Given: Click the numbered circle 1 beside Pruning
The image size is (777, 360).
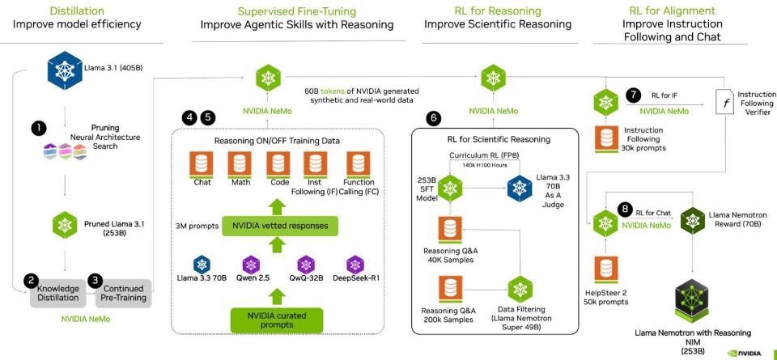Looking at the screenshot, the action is tap(39, 129).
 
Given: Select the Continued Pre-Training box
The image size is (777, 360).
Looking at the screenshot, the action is tap(123, 293).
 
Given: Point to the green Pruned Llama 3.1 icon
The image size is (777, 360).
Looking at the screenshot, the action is tap(65, 224).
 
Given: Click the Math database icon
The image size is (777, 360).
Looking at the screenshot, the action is tap(240, 165).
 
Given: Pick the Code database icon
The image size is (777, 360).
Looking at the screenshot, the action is tap(279, 165).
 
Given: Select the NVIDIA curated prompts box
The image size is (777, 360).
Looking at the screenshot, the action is tap(277, 320).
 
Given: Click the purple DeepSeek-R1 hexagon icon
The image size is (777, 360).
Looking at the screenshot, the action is tap(355, 265).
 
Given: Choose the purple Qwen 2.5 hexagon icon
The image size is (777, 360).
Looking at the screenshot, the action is tap(253, 265).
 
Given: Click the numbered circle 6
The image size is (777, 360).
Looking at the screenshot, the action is tap(434, 118).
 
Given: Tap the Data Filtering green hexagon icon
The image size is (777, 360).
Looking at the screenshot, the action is tap(520, 288).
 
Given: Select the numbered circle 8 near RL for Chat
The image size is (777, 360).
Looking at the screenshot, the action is tap(626, 209).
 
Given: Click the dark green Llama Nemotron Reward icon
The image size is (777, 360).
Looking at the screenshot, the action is tap(692, 220).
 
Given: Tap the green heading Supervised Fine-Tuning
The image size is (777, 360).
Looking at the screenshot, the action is tap(297, 11).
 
